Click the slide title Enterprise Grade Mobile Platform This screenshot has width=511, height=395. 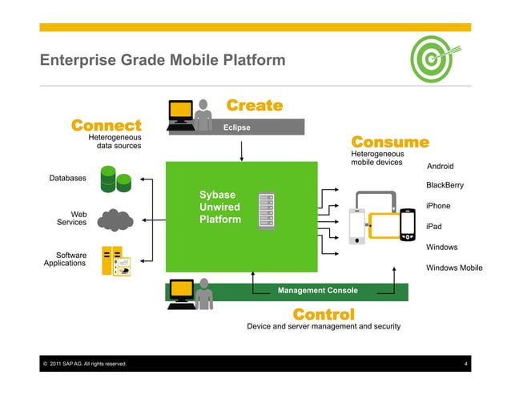(163, 60)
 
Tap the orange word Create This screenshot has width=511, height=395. (255, 106)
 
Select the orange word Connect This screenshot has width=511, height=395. (106, 126)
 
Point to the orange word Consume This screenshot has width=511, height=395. (390, 143)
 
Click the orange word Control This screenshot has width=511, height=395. (324, 313)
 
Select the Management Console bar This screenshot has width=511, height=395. (317, 290)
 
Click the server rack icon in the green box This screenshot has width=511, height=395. (266, 212)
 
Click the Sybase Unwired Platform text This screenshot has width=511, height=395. (219, 207)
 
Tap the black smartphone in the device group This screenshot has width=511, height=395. (408, 225)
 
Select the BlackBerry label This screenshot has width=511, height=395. (445, 186)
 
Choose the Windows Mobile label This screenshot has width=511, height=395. (454, 268)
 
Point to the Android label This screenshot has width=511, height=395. (440, 167)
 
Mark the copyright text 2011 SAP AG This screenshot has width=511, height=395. (84, 365)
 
